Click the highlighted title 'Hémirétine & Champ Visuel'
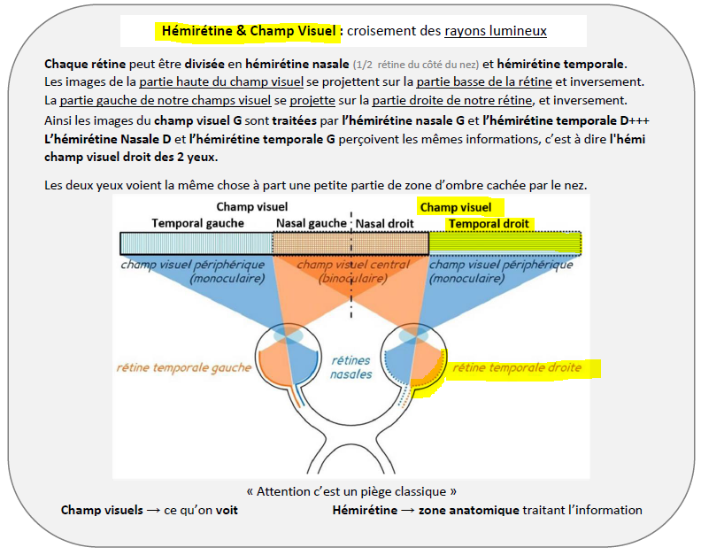(x=250, y=31)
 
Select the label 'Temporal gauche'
(x=196, y=223)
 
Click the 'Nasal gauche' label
(x=310, y=223)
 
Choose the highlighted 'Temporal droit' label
(x=489, y=223)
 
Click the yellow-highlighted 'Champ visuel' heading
(x=455, y=207)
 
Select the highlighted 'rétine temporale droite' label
(x=517, y=367)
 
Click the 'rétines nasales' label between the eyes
(x=350, y=367)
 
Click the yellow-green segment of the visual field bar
(x=505, y=243)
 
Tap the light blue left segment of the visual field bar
(x=196, y=243)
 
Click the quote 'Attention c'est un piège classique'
(x=351, y=490)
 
